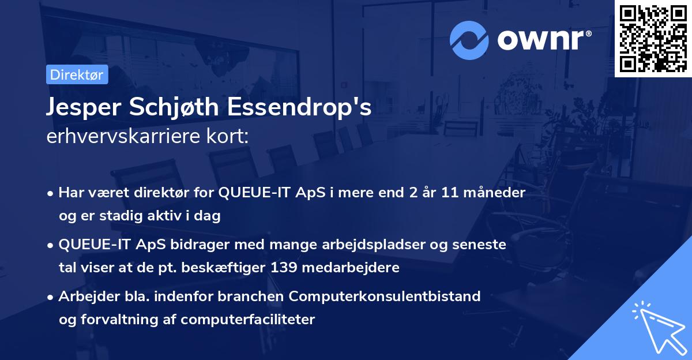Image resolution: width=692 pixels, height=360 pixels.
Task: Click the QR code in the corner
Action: pyautogui.click(x=653, y=39)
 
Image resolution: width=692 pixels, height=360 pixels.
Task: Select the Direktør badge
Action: pyautogui.click(x=77, y=74)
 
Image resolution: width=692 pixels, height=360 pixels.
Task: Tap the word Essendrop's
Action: pyautogui.click(x=300, y=108)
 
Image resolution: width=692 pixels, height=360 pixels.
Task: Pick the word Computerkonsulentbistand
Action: pyautogui.click(x=385, y=297)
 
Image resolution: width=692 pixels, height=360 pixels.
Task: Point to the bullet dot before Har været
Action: pyautogui.click(x=51, y=193)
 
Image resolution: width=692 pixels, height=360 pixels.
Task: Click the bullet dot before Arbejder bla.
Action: pyautogui.click(x=51, y=297)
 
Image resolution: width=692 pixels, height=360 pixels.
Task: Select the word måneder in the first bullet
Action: pyautogui.click(x=497, y=193)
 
